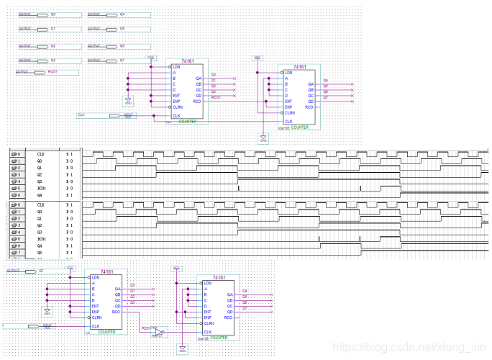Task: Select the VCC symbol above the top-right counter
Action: point(257,58)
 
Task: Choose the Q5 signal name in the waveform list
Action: point(41,253)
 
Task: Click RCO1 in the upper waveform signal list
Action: point(42,189)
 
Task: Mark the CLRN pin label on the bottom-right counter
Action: point(209,323)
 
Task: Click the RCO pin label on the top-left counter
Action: point(198,102)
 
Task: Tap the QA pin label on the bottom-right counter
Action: point(229,294)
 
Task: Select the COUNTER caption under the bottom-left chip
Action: point(106,332)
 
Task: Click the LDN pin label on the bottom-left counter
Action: point(95,277)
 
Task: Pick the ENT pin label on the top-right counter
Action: point(288,102)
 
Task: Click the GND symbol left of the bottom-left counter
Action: point(47,312)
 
